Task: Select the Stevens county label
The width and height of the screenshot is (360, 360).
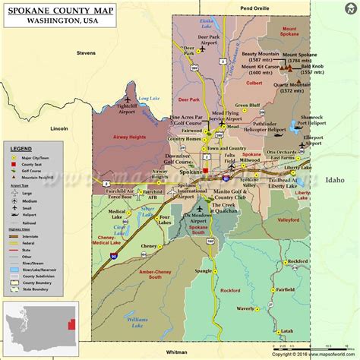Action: tap(85, 53)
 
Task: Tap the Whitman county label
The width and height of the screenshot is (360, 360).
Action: tap(176, 351)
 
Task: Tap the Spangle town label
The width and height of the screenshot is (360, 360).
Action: tap(203, 270)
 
